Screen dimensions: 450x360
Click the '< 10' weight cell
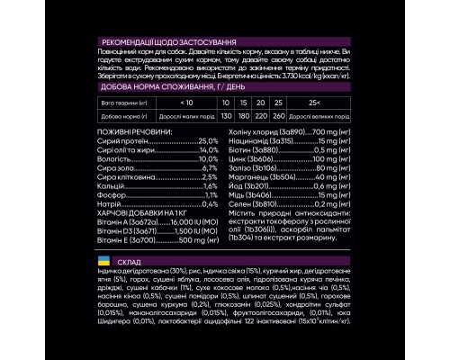[186, 103]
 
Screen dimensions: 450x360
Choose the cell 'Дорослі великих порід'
[316, 117]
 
